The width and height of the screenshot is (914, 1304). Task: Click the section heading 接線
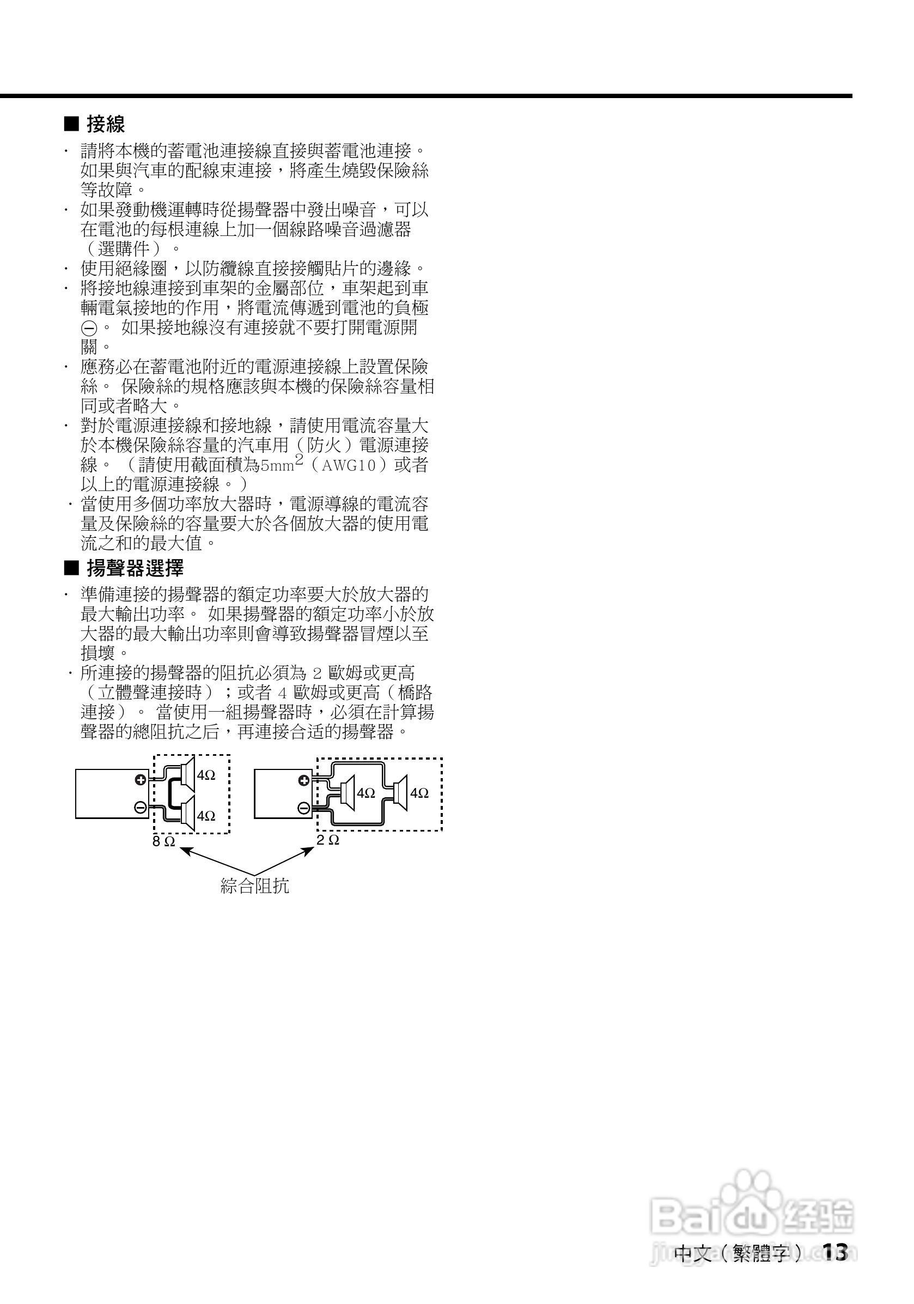coord(106,124)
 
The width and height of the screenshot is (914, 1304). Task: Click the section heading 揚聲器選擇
coord(135,568)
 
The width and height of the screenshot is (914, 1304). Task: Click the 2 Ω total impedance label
coord(327,839)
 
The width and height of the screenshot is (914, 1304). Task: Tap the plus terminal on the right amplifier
coord(304,780)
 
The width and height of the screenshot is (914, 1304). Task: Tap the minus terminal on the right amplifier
coord(304,808)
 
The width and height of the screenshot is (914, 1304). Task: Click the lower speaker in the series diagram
coord(186,815)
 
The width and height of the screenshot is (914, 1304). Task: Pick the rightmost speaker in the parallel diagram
coord(400,793)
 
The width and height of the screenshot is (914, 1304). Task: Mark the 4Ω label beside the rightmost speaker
coord(419,793)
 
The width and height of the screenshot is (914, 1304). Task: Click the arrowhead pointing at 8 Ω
coord(184,851)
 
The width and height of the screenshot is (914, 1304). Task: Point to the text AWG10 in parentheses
coord(349,466)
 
